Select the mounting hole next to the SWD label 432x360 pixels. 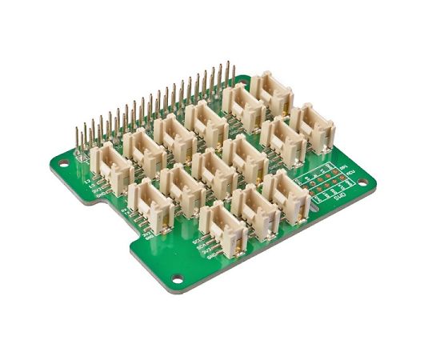pyautogui.click(x=362, y=183)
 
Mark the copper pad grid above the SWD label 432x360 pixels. pyautogui.click(x=323, y=181)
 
